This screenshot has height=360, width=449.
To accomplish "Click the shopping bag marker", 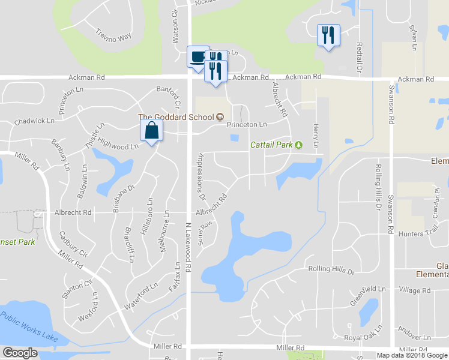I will click(x=151, y=130).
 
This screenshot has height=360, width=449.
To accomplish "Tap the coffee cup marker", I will click(x=197, y=57).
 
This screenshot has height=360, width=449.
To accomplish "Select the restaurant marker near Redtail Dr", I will click(x=328, y=35).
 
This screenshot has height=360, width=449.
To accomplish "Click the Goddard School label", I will click(x=176, y=116).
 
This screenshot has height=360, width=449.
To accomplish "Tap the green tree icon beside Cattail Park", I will click(x=298, y=144).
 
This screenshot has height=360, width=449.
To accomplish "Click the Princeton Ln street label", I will click(x=246, y=125).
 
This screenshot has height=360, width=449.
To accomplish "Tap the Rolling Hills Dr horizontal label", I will click(x=331, y=271).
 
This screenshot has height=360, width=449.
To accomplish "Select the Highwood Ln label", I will click(x=118, y=146).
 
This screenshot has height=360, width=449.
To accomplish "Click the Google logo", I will click(x=20, y=353).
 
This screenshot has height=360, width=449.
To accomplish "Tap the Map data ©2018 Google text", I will click(x=412, y=355).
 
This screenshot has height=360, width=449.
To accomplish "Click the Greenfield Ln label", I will click(x=368, y=289).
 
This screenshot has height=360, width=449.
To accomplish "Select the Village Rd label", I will click(x=414, y=290).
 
